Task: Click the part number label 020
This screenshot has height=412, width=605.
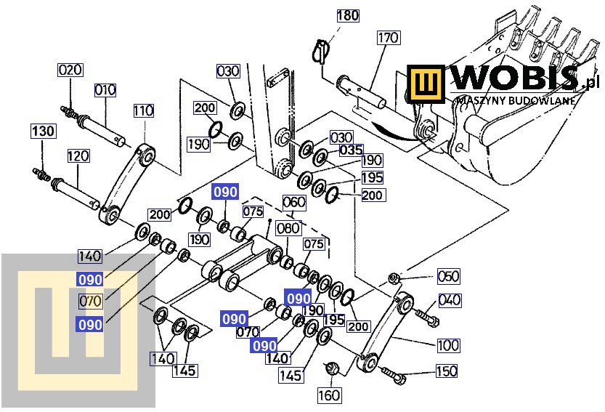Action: point(70,70)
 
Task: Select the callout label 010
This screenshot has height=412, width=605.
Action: point(105,90)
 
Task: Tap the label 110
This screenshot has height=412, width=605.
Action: point(143,110)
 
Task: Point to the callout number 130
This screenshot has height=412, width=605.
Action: point(43,131)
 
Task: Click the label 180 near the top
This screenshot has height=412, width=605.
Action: point(348,15)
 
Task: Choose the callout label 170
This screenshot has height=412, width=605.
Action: point(389,37)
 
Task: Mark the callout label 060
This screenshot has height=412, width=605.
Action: point(293,201)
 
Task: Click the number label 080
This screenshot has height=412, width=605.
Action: point(289,228)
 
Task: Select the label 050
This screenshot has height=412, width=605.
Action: point(448,275)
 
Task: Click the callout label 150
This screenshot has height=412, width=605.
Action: point(446,371)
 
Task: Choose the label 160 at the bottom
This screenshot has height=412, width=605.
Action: point(328,395)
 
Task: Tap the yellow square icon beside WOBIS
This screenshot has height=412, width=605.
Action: point(427,84)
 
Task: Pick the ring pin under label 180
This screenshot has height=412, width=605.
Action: point(320,53)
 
